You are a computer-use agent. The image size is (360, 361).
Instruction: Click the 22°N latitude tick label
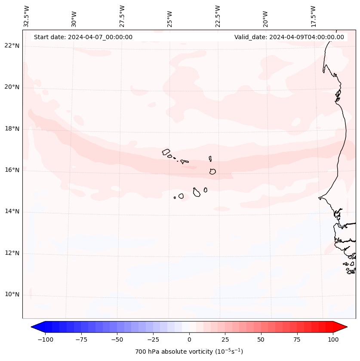pos(12,46)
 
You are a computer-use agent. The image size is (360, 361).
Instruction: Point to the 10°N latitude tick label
pos(12,295)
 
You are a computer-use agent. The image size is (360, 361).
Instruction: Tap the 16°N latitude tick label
pos(12,170)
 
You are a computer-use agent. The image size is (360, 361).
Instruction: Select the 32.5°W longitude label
pos(27,16)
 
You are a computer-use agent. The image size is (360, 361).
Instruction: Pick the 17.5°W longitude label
pos(313,16)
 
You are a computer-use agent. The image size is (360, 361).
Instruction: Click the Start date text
pos(83,37)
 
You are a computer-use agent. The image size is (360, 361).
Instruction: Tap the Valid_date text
pos(289,37)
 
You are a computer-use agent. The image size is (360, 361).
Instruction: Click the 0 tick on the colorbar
pos(189,339)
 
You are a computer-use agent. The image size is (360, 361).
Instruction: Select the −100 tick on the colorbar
pos(45,339)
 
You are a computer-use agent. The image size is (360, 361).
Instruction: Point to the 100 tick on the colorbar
pos(333,339)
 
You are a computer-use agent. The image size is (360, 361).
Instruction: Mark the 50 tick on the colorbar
pos(261,339)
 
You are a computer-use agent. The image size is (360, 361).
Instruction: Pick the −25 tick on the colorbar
pos(153,339)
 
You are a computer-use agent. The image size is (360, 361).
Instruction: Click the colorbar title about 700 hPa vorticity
pos(189,352)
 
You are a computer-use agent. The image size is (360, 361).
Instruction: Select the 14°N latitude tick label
pos(12,212)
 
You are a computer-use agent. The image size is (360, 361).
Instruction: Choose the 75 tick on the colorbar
pos(297,339)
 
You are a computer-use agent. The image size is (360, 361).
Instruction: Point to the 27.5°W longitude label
pos(122,16)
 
